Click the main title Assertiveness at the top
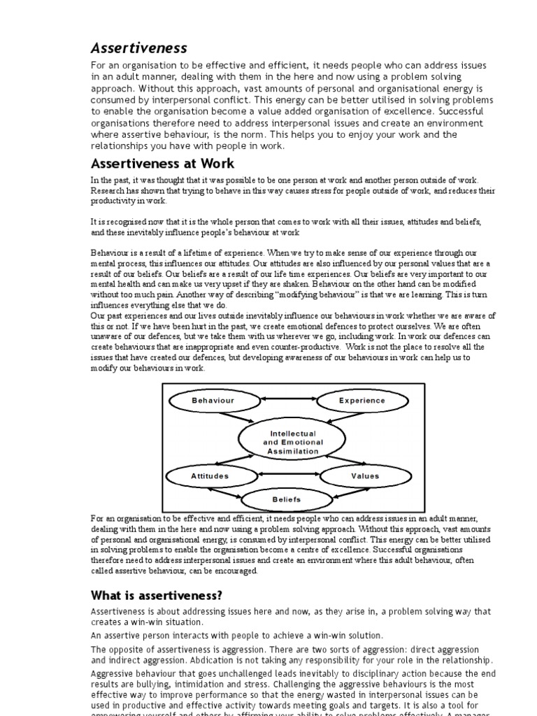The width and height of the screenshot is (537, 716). (x=139, y=48)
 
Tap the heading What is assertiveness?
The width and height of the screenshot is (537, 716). (x=157, y=595)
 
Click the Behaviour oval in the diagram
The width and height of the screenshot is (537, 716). (x=213, y=401)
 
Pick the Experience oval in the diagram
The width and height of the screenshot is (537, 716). (x=361, y=401)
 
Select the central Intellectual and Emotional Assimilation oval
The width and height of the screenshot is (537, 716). (x=292, y=442)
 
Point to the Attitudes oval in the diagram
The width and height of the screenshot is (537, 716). (x=210, y=476)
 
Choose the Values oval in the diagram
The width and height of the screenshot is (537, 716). (x=364, y=476)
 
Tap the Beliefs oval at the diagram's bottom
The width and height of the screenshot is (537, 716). (x=287, y=499)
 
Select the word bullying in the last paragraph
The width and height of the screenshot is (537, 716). (x=159, y=685)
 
